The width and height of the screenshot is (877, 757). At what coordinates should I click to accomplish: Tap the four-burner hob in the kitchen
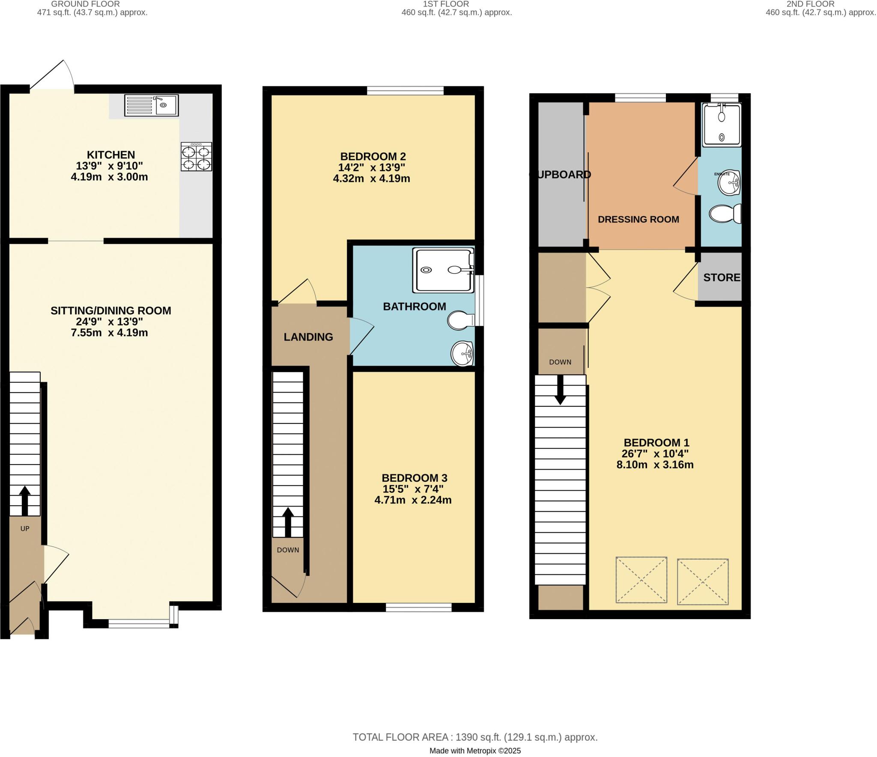(196, 157)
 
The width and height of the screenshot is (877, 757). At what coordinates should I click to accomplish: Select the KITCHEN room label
(111, 155)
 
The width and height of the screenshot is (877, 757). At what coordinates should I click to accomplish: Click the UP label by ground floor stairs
(25, 529)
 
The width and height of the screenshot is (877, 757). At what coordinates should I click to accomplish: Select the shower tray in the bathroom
(443, 270)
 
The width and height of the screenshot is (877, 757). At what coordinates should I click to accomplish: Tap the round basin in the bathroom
(462, 354)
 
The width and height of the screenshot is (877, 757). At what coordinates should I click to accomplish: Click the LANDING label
(308, 337)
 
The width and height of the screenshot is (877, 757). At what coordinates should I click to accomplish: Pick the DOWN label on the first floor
(288, 550)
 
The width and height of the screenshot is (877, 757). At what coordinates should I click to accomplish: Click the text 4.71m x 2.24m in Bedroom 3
(413, 500)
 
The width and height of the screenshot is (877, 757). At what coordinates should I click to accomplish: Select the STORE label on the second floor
(722, 277)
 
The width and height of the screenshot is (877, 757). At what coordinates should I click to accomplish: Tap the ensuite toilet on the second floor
(725, 214)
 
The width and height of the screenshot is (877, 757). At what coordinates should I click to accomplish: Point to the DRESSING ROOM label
(638, 219)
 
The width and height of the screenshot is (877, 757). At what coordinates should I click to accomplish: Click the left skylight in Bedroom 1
(641, 580)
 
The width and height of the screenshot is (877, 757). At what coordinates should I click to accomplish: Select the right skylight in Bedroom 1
(702, 581)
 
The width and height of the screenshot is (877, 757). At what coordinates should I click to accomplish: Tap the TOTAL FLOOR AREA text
(474, 737)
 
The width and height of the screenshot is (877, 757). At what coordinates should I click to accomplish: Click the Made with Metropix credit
(474, 751)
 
